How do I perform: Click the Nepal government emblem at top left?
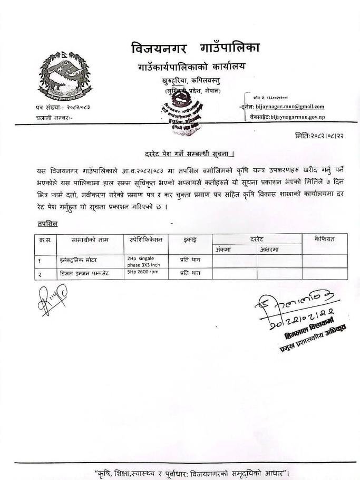[x=63, y=76]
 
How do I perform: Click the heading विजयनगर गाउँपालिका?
[x=196, y=49]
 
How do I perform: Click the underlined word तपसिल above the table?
[x=47, y=224]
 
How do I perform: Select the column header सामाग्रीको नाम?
[x=90, y=239]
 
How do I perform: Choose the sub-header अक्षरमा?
[x=269, y=249]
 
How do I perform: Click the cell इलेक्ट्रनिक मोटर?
[x=79, y=261]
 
